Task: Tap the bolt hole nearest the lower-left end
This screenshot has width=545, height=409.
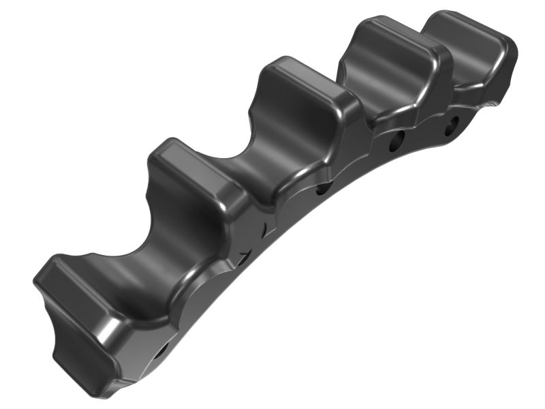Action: coord(161,352)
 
